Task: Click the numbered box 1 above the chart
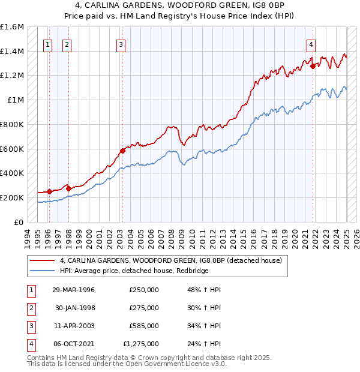coord(47,43)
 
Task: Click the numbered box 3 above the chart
coord(121,43)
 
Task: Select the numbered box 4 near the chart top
coord(311,43)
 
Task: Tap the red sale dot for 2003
coord(122,151)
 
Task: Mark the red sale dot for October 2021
coord(313,67)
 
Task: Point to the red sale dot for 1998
coord(68,188)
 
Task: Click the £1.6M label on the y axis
coord(12,27)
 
